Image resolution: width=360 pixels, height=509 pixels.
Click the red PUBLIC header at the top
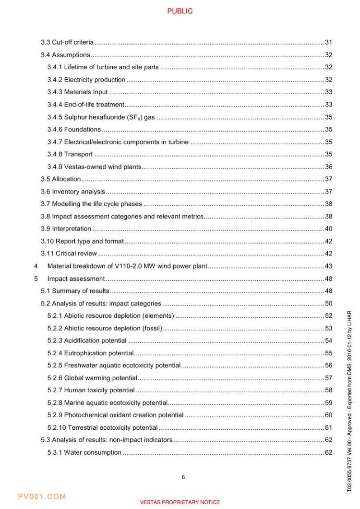click(x=180, y=11)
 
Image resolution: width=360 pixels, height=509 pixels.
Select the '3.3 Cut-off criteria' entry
click(x=67, y=42)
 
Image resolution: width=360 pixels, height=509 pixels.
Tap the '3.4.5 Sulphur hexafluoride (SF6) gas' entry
click(x=101, y=117)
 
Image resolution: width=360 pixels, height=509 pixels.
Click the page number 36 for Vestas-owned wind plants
click(x=328, y=167)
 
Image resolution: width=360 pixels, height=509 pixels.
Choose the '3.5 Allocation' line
click(x=60, y=179)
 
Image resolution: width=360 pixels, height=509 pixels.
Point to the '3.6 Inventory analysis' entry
click(x=72, y=192)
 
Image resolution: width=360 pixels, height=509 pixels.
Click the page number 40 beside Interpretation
click(x=328, y=229)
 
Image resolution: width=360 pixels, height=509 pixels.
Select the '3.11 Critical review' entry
click(x=69, y=254)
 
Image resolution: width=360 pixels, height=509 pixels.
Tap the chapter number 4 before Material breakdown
click(x=36, y=266)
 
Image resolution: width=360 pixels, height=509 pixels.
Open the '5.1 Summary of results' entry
click(x=75, y=291)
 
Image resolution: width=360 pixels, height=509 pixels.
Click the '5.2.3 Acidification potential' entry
click(x=87, y=340)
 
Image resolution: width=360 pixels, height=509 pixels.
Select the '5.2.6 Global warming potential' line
click(x=92, y=378)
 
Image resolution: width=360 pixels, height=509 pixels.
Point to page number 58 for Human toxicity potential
click(x=328, y=390)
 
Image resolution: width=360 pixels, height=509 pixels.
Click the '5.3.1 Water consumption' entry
click(x=84, y=452)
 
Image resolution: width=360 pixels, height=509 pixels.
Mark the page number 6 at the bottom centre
click(x=183, y=477)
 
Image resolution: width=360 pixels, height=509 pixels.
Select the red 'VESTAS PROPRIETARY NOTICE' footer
click(x=180, y=502)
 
